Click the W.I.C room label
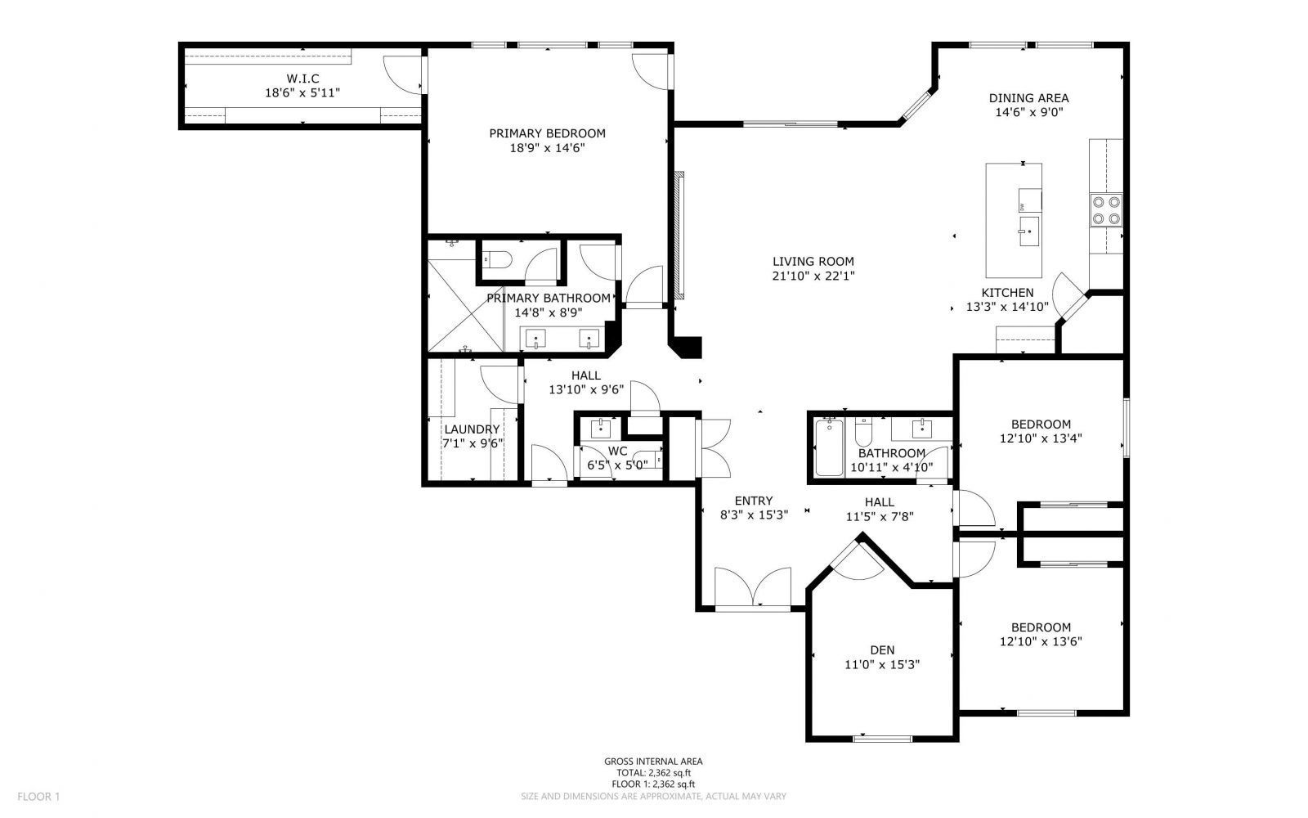[x=302, y=79]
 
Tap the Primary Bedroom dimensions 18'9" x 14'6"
[x=547, y=148]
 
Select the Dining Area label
[x=1028, y=98]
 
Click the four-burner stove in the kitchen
[x=1105, y=210]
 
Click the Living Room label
[x=813, y=262]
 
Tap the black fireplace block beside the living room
[x=688, y=347]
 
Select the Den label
[x=882, y=650]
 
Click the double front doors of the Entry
[x=752, y=587]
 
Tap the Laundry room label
[x=472, y=429]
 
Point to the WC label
[x=617, y=451]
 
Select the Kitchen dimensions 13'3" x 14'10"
[x=1007, y=307]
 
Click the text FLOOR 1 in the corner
[x=39, y=796]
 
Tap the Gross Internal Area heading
[x=653, y=761]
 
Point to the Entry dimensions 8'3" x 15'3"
[x=753, y=515]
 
